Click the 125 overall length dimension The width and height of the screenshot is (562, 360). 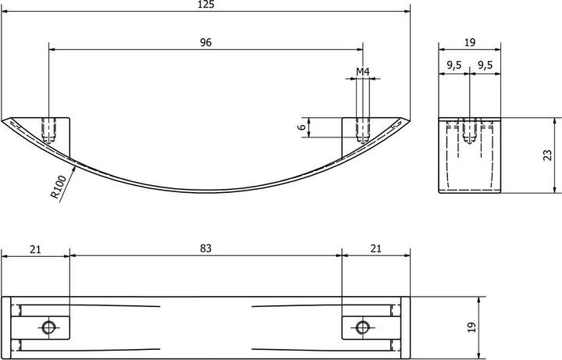(x=206, y=5)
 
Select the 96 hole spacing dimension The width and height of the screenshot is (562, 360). (x=206, y=42)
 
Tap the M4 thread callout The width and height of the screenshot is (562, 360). (x=363, y=72)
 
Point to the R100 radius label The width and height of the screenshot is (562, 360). (x=58, y=187)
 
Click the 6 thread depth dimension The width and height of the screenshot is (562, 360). (x=302, y=127)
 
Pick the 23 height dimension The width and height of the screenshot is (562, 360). (x=548, y=155)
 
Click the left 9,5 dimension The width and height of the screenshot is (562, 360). (x=454, y=66)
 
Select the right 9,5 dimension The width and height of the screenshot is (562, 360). (x=486, y=66)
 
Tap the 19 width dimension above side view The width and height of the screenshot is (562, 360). (x=470, y=42)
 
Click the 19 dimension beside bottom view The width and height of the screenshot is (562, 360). (x=472, y=327)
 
